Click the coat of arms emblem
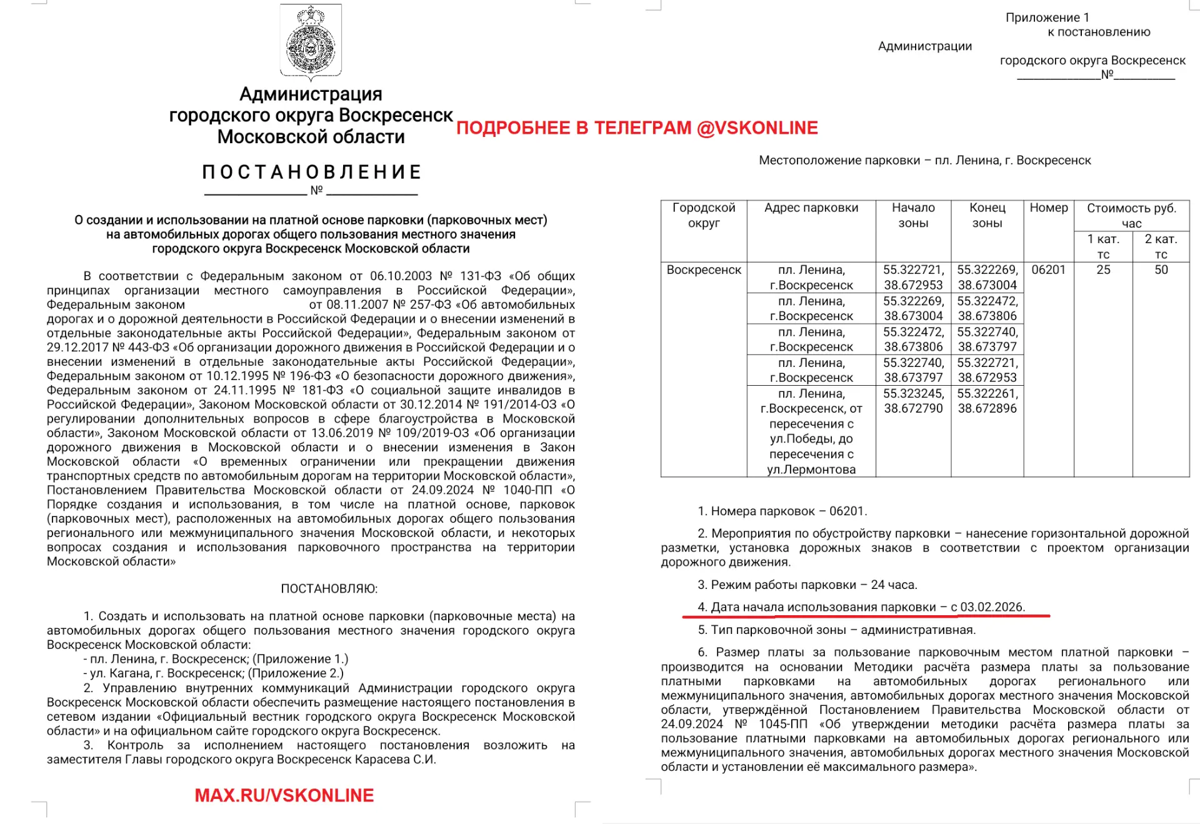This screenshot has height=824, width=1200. tap(311, 42)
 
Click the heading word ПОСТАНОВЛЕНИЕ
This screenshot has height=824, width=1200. tap(312, 172)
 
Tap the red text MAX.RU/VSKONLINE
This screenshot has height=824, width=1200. tap(284, 795)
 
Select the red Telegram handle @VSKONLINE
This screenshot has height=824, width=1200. tap(757, 128)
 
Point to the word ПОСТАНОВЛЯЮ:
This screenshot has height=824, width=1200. tap(329, 588)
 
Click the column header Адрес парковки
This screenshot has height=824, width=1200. tap(811, 208)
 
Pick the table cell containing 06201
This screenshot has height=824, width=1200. tap(1048, 270)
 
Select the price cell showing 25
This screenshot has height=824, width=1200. tap(1103, 270)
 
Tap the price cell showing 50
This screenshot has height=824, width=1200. tap(1161, 270)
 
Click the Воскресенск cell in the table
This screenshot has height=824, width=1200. tap(704, 270)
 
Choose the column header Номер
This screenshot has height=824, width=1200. tap(1048, 208)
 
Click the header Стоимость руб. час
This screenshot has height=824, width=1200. tap(1131, 216)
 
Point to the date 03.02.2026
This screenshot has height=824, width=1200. tap(992, 607)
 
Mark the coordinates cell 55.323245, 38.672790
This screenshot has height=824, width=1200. tap(913, 401)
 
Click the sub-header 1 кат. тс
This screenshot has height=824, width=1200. tap(1103, 246)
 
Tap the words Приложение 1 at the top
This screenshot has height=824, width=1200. tap(1047, 18)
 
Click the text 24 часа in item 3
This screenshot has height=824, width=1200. tap(894, 585)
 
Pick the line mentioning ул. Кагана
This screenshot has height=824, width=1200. tap(214, 673)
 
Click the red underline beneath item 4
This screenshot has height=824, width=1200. tap(866, 616)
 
